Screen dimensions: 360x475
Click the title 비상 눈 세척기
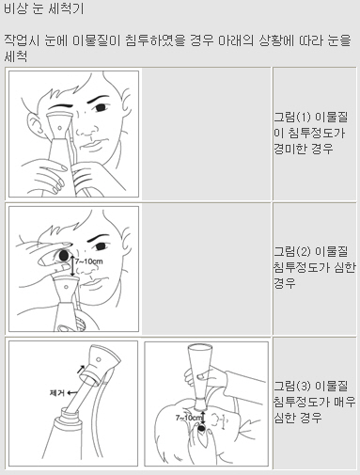44,8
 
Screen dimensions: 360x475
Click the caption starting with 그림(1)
311,133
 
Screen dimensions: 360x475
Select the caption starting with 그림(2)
315,267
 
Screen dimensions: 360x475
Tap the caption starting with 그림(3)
315,402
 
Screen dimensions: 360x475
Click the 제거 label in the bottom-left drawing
57,392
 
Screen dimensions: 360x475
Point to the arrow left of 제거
72,392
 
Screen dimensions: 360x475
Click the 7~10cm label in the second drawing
88,261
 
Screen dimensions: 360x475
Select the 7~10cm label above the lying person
189,418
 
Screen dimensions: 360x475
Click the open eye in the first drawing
101,107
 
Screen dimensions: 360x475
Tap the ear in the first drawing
34,124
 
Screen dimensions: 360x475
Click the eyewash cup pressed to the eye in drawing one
59,125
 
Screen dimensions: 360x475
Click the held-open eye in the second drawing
64,255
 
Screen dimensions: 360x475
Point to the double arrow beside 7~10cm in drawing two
72,266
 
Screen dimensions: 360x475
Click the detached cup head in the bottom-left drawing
102,364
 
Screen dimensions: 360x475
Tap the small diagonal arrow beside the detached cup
81,369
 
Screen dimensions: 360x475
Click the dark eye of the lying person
202,427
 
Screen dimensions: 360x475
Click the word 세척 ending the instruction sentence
16,56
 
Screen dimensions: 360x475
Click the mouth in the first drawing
91,145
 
